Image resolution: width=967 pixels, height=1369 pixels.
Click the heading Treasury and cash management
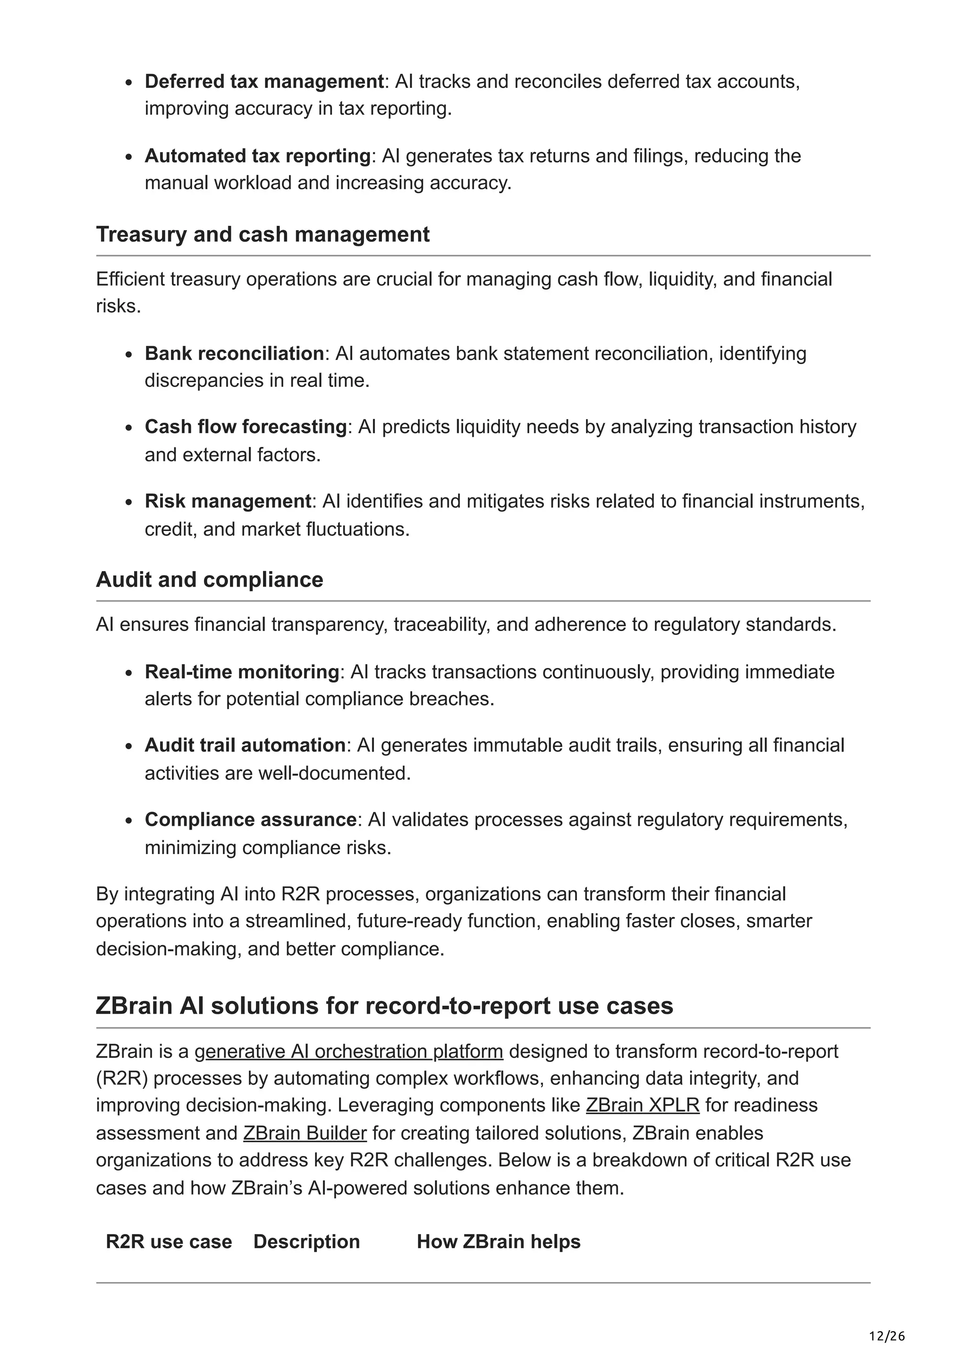click(262, 234)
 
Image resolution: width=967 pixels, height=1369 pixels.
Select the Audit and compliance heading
click(209, 580)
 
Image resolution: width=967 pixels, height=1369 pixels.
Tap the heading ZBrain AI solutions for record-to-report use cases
click(384, 1005)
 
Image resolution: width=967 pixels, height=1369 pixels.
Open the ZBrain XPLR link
click(642, 1105)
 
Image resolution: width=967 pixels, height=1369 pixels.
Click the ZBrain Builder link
click(305, 1133)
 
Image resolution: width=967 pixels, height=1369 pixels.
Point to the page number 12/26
click(887, 1336)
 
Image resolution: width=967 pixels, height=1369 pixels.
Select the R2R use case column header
click(169, 1241)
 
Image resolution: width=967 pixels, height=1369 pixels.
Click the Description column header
click(306, 1241)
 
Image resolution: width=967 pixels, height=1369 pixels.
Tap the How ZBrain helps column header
click(498, 1241)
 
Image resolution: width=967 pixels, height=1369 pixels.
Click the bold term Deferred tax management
click(264, 81)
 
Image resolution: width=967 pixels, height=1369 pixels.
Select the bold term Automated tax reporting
click(257, 155)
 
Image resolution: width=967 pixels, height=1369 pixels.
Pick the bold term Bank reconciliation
click(234, 353)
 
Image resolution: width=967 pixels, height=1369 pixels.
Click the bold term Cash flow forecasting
click(246, 427)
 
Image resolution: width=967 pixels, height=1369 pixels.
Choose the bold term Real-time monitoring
click(242, 672)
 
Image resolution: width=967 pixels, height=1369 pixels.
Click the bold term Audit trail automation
click(245, 745)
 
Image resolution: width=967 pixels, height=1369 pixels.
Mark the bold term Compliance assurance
click(250, 820)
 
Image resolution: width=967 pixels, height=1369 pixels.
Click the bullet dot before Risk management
click(129, 503)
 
